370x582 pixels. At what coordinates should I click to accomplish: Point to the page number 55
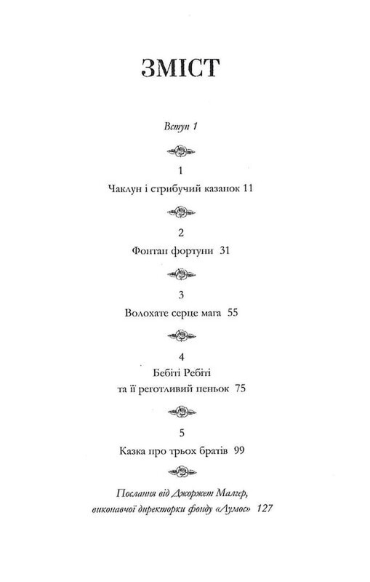point(233,314)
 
